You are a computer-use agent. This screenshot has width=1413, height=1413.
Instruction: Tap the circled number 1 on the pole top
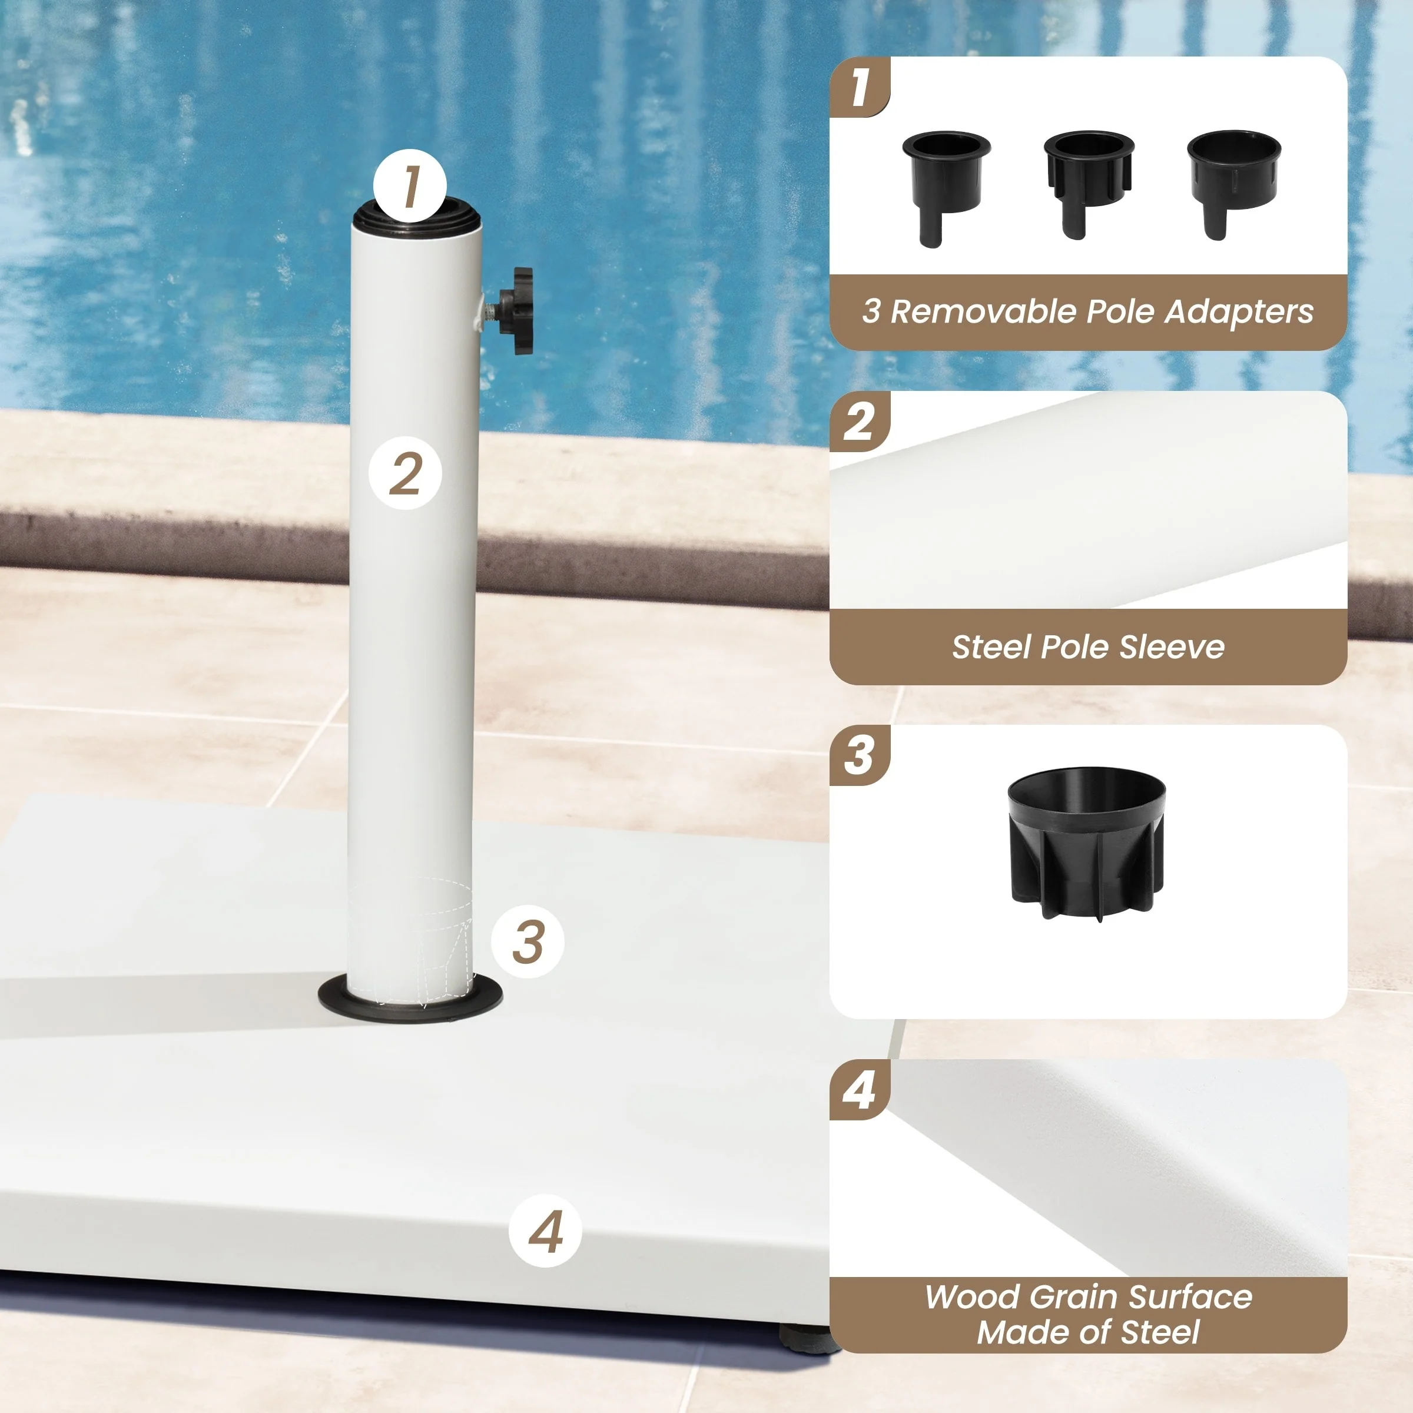410,186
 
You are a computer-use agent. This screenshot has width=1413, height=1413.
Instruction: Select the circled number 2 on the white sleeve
405,473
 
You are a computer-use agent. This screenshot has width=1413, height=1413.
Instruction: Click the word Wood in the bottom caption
972,1298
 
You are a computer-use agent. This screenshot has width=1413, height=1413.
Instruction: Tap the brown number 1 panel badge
860,87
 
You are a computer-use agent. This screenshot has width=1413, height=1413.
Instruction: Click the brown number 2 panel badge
860,422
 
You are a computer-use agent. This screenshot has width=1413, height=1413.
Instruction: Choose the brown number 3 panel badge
860,755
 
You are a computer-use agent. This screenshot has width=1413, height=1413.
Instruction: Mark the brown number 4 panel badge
860,1090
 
